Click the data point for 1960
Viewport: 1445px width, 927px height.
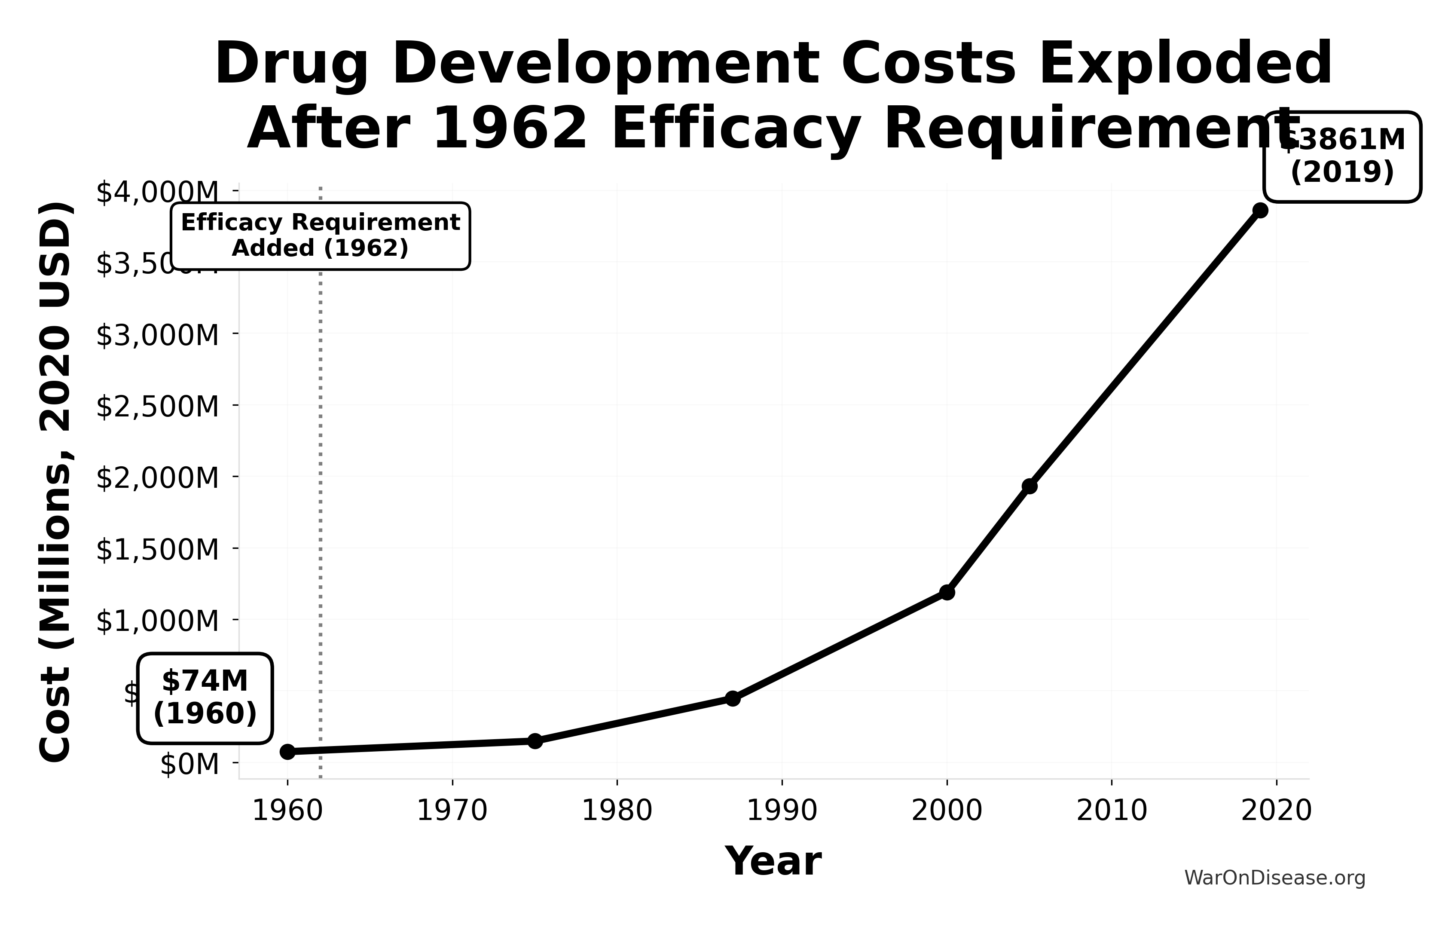[x=288, y=751]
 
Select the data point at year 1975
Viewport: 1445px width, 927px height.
[x=535, y=740]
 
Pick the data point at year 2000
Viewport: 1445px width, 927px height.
[x=947, y=592]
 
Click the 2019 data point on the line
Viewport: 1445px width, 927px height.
[x=1260, y=210]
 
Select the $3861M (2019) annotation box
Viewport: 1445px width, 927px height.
[x=1342, y=156]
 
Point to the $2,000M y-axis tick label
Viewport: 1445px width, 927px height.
[x=157, y=477]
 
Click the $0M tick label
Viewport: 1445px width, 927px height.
[x=189, y=764]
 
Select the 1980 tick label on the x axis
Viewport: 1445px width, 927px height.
[x=617, y=810]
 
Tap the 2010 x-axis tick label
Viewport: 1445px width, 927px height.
[x=1112, y=810]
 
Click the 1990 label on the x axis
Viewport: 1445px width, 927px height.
[x=782, y=810]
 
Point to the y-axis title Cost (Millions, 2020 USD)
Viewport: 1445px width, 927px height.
[x=55, y=482]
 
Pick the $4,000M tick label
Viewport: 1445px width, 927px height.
[x=157, y=192]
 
